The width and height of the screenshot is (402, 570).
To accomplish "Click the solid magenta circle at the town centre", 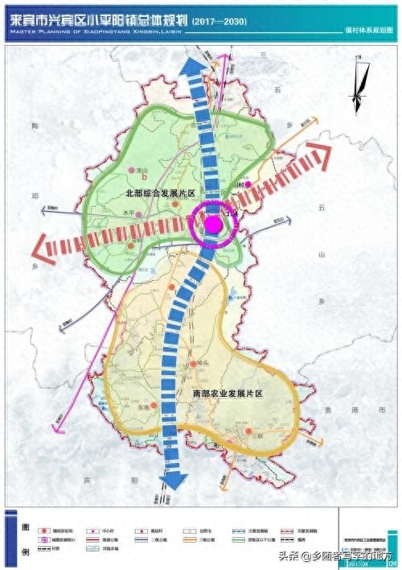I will click(x=214, y=224).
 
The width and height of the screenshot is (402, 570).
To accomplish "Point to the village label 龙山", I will click(x=142, y=171).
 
